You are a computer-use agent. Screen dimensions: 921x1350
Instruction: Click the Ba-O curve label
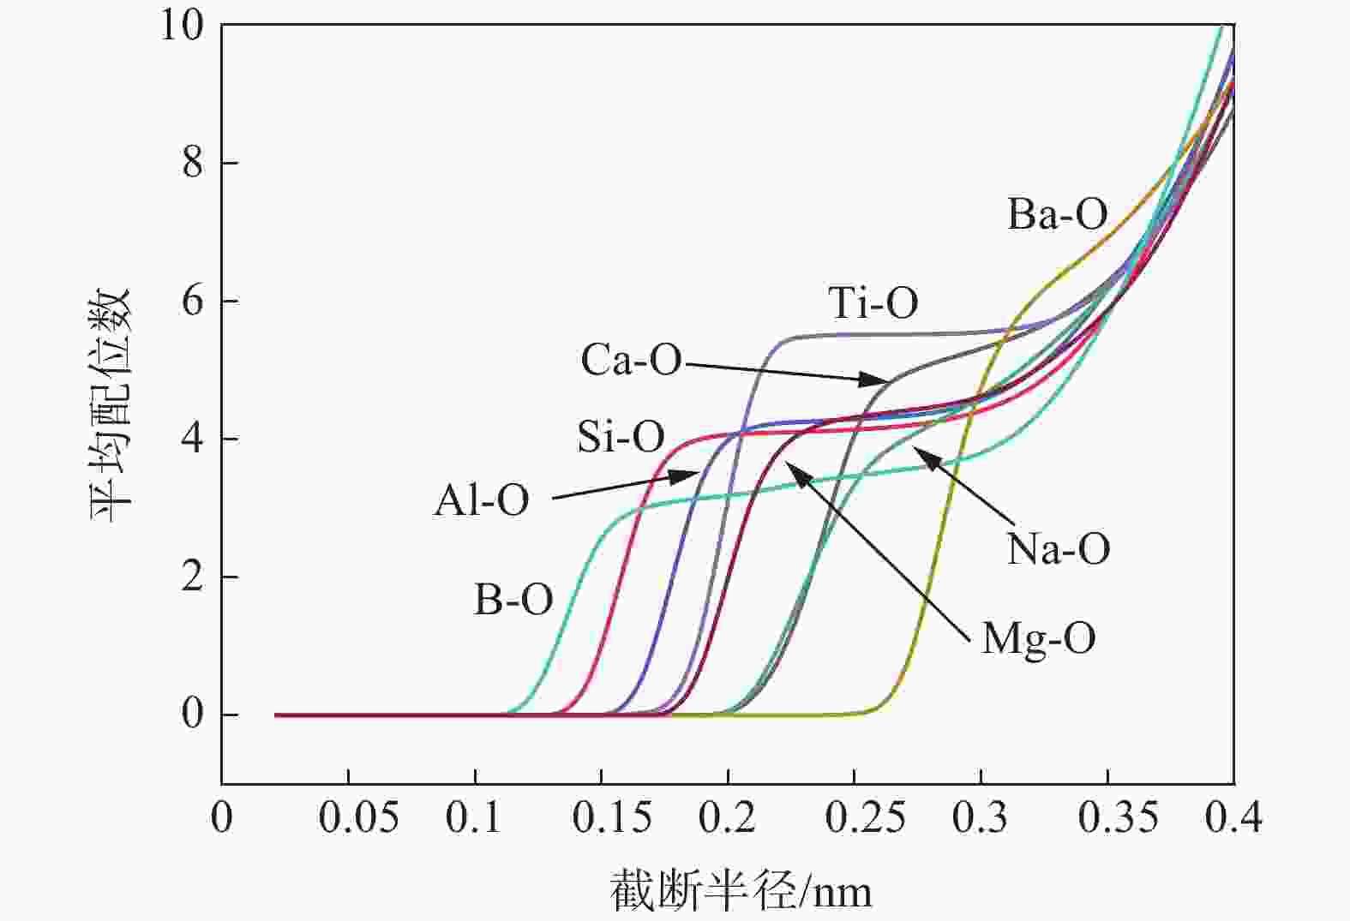click(1057, 214)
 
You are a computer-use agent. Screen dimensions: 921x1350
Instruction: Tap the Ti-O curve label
click(873, 302)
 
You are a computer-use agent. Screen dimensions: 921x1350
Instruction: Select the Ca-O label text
click(631, 360)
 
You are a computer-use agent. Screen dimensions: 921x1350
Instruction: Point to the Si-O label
click(621, 437)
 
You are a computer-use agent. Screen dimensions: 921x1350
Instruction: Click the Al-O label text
click(481, 500)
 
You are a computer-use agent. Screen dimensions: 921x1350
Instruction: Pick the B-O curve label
click(513, 600)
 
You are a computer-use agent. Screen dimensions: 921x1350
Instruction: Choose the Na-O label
click(1058, 548)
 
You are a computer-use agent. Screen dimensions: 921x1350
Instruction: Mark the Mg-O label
click(1038, 638)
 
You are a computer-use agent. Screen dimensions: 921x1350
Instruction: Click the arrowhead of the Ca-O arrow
click(886, 380)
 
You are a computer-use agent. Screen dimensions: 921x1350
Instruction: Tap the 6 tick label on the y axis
click(192, 301)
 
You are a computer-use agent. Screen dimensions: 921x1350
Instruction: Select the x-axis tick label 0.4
click(1233, 818)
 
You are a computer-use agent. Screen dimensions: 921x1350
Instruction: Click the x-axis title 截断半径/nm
click(741, 891)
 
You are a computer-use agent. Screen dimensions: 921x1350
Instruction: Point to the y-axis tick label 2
click(192, 577)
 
